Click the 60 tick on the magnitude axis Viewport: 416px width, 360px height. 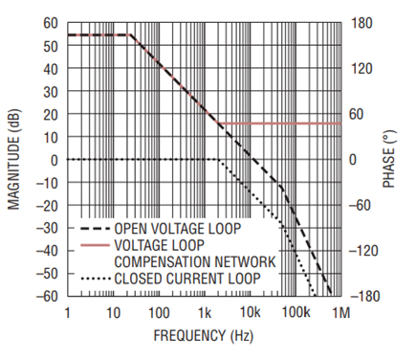pos(51,23)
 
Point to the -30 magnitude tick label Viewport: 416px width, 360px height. pos(47,228)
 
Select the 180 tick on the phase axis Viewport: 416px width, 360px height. pos(361,23)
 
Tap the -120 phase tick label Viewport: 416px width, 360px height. pos(363,251)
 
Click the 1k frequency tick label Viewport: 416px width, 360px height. pos(205,313)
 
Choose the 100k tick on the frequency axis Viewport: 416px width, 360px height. pos(296,313)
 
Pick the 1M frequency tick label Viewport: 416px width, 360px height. pos(341,313)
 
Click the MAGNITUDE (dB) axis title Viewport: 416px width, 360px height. pos(13,160)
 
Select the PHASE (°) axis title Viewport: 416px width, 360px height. pos(388,159)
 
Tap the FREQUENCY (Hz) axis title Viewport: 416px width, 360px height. pos(204,336)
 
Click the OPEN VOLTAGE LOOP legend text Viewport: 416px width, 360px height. pos(178,229)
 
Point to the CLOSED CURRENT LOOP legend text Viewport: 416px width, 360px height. pos(187,279)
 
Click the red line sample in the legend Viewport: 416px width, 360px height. pos(95,245)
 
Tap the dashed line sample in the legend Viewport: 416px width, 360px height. pos(95,229)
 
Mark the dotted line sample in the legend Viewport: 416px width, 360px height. pos(95,279)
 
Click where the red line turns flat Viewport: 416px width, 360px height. pos(219,124)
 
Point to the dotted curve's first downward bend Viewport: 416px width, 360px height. pos(220,160)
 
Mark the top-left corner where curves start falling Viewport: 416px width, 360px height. pos(130,34)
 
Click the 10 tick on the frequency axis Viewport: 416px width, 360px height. pos(113,313)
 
